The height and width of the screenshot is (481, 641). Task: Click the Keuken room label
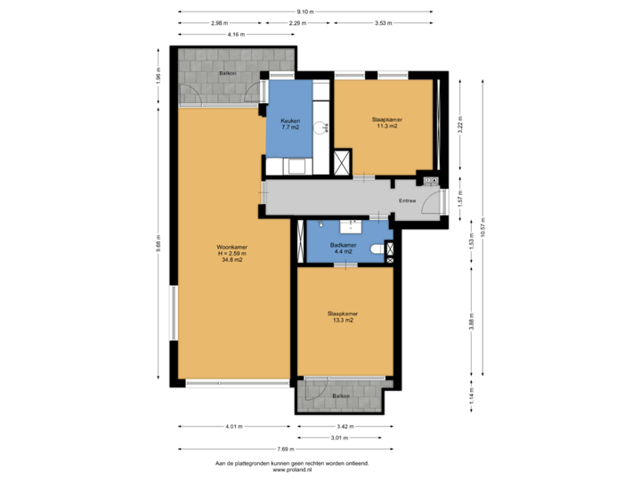[290, 124]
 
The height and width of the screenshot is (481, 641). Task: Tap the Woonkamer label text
[231, 253]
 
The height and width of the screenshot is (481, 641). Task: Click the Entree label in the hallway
[407, 201]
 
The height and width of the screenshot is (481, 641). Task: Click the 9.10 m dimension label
[304, 11]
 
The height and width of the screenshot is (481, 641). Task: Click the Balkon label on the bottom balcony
[340, 395]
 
